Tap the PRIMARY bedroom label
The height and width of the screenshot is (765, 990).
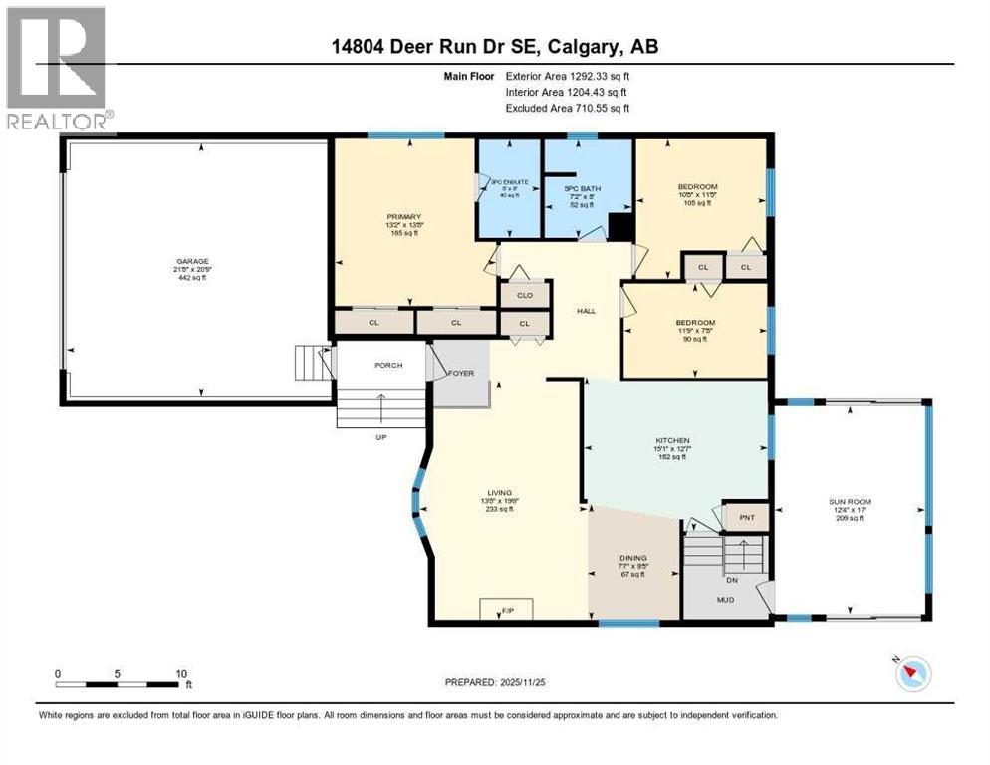[404, 216]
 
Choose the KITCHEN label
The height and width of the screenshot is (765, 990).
[672, 440]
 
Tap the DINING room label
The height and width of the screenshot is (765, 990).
[633, 558]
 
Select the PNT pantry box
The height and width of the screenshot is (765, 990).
[746, 518]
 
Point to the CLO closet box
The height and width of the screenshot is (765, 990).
[524, 295]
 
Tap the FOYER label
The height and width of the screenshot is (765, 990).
[460, 374]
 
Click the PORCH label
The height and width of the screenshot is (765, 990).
[388, 365]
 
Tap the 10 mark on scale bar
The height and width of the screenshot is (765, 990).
[180, 673]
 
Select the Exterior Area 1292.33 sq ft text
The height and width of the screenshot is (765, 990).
[568, 75]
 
